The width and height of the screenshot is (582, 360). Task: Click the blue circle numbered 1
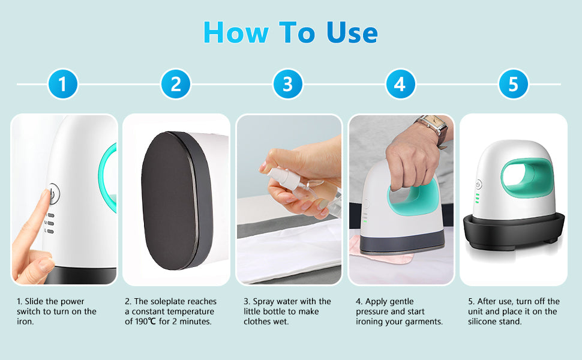(63, 84)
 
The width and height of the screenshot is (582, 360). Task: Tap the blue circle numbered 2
(175, 84)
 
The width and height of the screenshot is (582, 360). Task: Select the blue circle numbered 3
(288, 84)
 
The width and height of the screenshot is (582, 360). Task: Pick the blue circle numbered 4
(400, 84)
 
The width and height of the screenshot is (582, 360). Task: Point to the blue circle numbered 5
(513, 84)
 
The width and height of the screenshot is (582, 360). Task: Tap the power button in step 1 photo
(53, 194)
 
